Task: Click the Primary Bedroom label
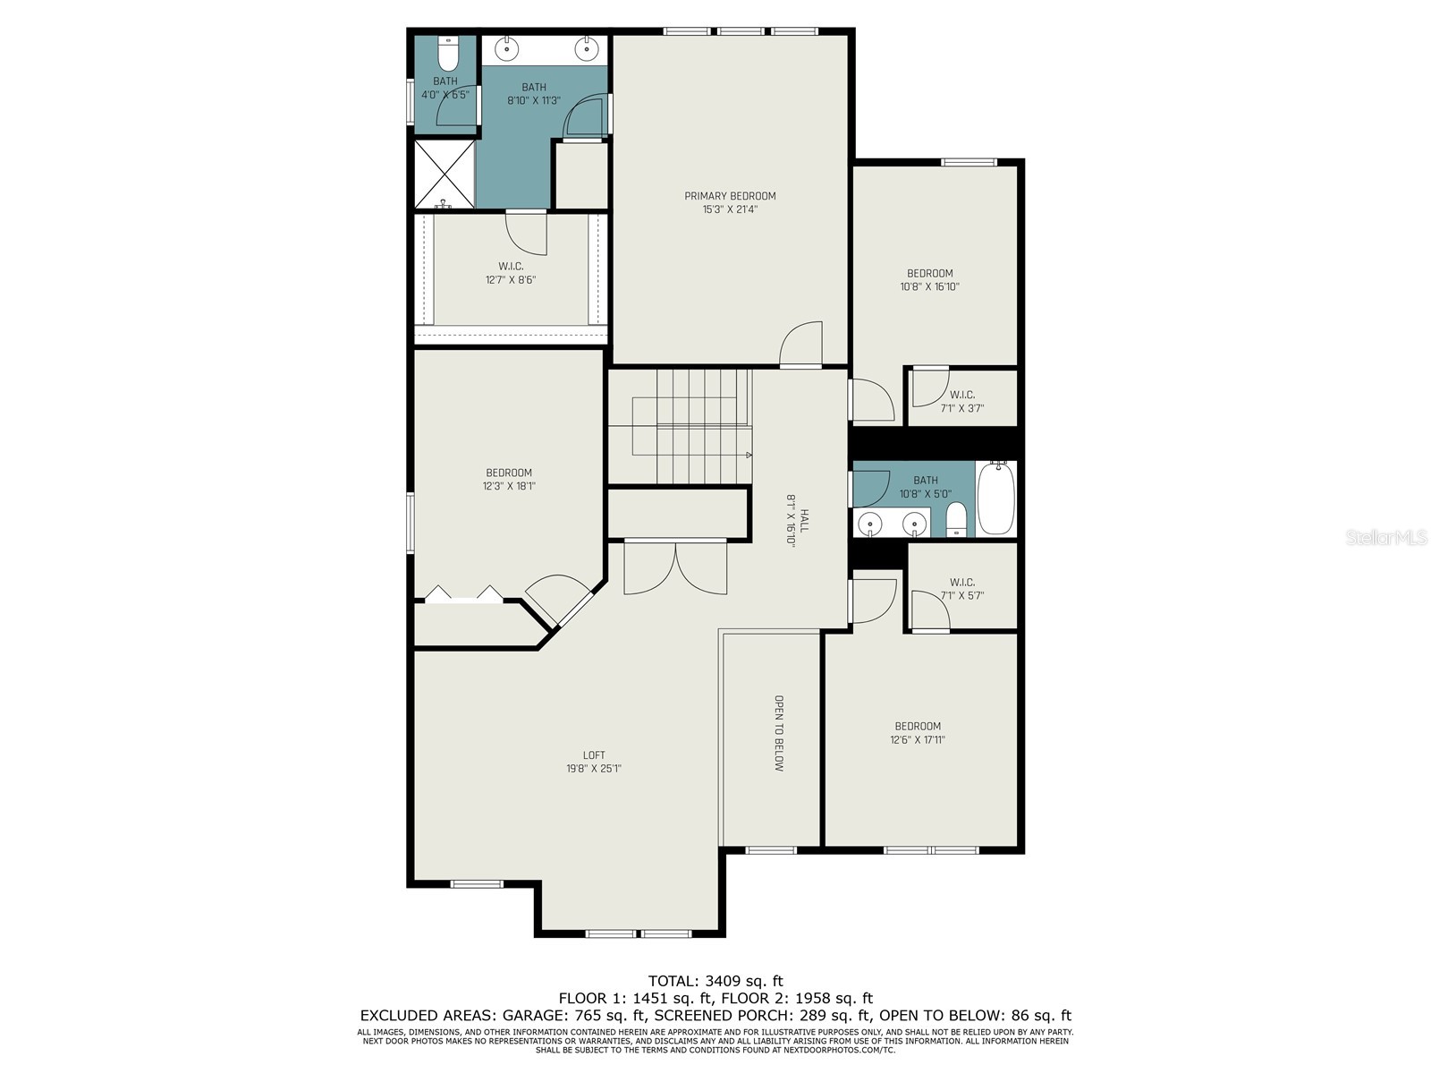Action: [730, 196]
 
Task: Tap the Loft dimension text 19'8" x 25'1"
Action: [593, 769]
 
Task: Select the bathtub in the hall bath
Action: [995, 499]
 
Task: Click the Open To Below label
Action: [779, 733]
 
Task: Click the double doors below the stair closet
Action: [676, 567]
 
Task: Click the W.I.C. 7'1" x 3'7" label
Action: [962, 401]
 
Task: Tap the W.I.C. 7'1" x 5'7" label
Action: [962, 588]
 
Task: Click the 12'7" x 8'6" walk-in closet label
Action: [511, 273]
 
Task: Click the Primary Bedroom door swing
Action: [800, 345]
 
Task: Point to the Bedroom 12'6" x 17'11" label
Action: [918, 733]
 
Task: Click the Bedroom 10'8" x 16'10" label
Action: [930, 280]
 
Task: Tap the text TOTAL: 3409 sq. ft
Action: [715, 981]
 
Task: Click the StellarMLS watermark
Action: [1385, 538]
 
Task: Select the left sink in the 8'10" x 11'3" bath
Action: [507, 47]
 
